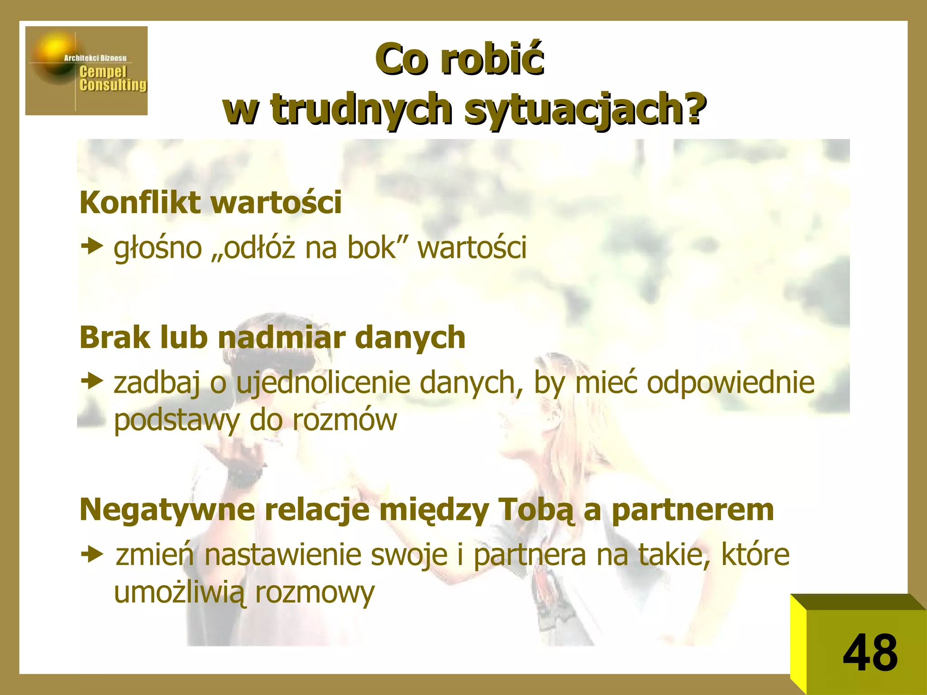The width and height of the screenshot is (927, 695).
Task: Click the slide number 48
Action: [x=870, y=653]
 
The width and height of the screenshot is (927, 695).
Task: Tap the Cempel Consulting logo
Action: [x=86, y=71]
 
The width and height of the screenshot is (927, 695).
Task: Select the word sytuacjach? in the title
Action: [x=585, y=109]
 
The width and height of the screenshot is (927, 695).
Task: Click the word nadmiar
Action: [x=282, y=338]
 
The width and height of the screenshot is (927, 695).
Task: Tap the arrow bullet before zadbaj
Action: [x=92, y=381]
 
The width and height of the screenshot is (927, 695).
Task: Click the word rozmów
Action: [x=344, y=420]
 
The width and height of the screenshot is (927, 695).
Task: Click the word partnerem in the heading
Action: [x=693, y=510]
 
